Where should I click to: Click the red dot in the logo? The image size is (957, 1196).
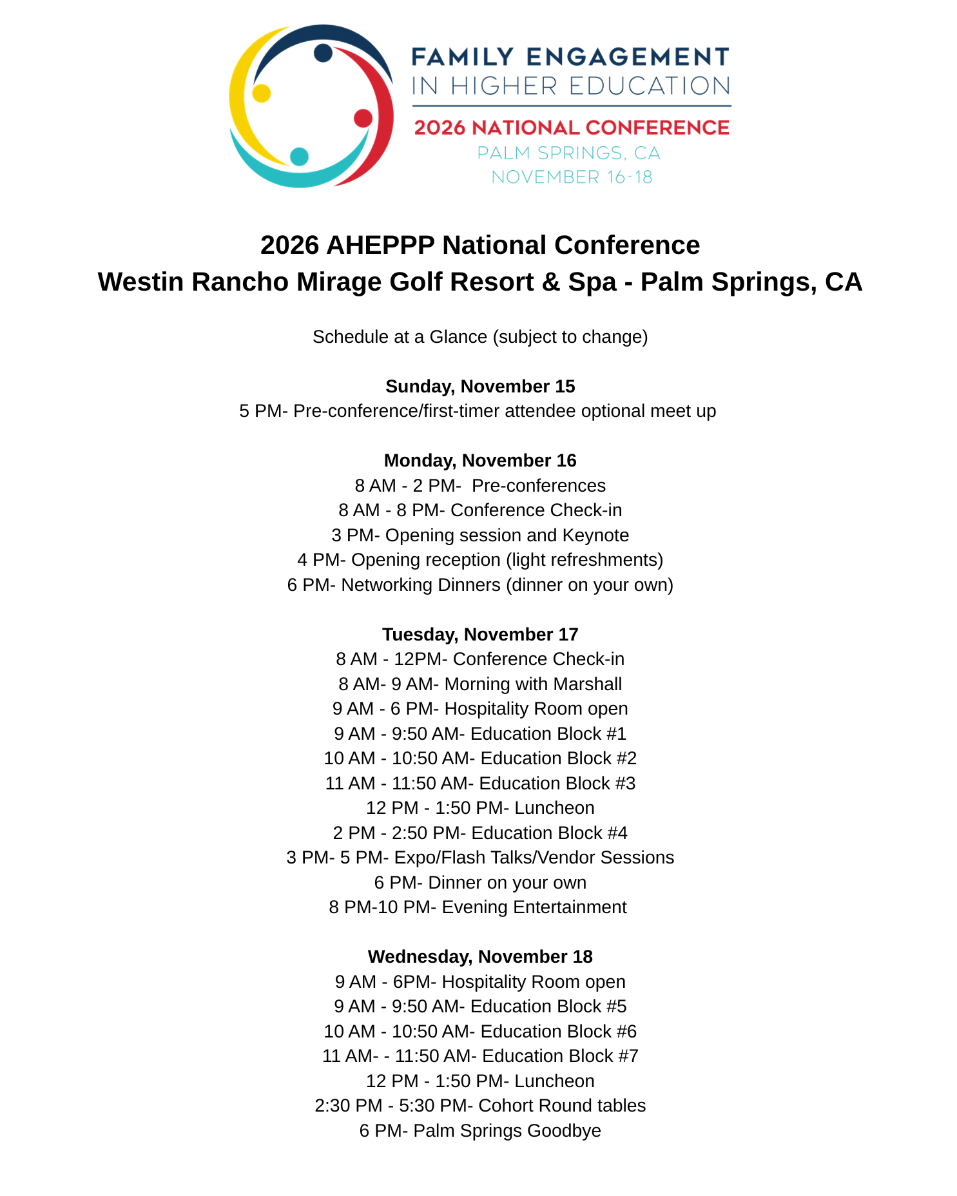click(363, 118)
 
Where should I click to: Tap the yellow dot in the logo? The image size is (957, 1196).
click(261, 93)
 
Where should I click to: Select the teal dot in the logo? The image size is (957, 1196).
click(299, 156)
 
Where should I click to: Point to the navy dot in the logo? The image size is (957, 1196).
click(323, 53)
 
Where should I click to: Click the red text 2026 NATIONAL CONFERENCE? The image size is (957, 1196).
click(571, 128)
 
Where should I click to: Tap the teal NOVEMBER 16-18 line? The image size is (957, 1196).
click(572, 177)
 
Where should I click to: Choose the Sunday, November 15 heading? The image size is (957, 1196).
click(480, 387)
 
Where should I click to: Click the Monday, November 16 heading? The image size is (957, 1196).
click(480, 461)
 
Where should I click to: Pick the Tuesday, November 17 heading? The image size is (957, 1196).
click(480, 635)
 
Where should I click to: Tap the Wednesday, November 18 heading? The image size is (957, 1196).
click(480, 957)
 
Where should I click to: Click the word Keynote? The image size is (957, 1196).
click(595, 535)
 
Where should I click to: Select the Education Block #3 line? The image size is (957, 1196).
click(480, 784)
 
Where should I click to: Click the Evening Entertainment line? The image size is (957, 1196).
click(478, 907)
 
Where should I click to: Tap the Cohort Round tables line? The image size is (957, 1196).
click(480, 1106)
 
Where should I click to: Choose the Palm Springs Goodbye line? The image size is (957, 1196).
click(480, 1131)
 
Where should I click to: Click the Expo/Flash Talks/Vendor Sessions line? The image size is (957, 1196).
click(480, 858)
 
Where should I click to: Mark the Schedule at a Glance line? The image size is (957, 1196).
click(480, 337)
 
